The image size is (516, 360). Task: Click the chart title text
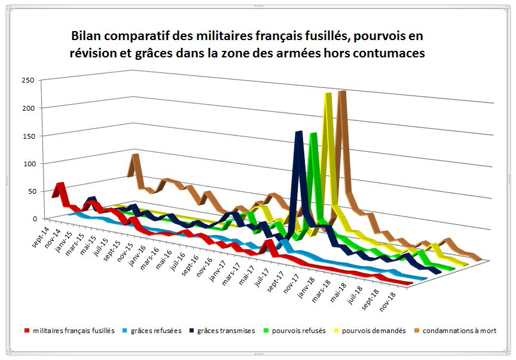pyautogui.click(x=248, y=44)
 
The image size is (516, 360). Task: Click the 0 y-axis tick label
pyautogui.click(x=32, y=219)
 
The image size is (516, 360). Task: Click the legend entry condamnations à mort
pyautogui.click(x=459, y=331)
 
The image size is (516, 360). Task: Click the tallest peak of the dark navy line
pyautogui.click(x=298, y=133)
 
